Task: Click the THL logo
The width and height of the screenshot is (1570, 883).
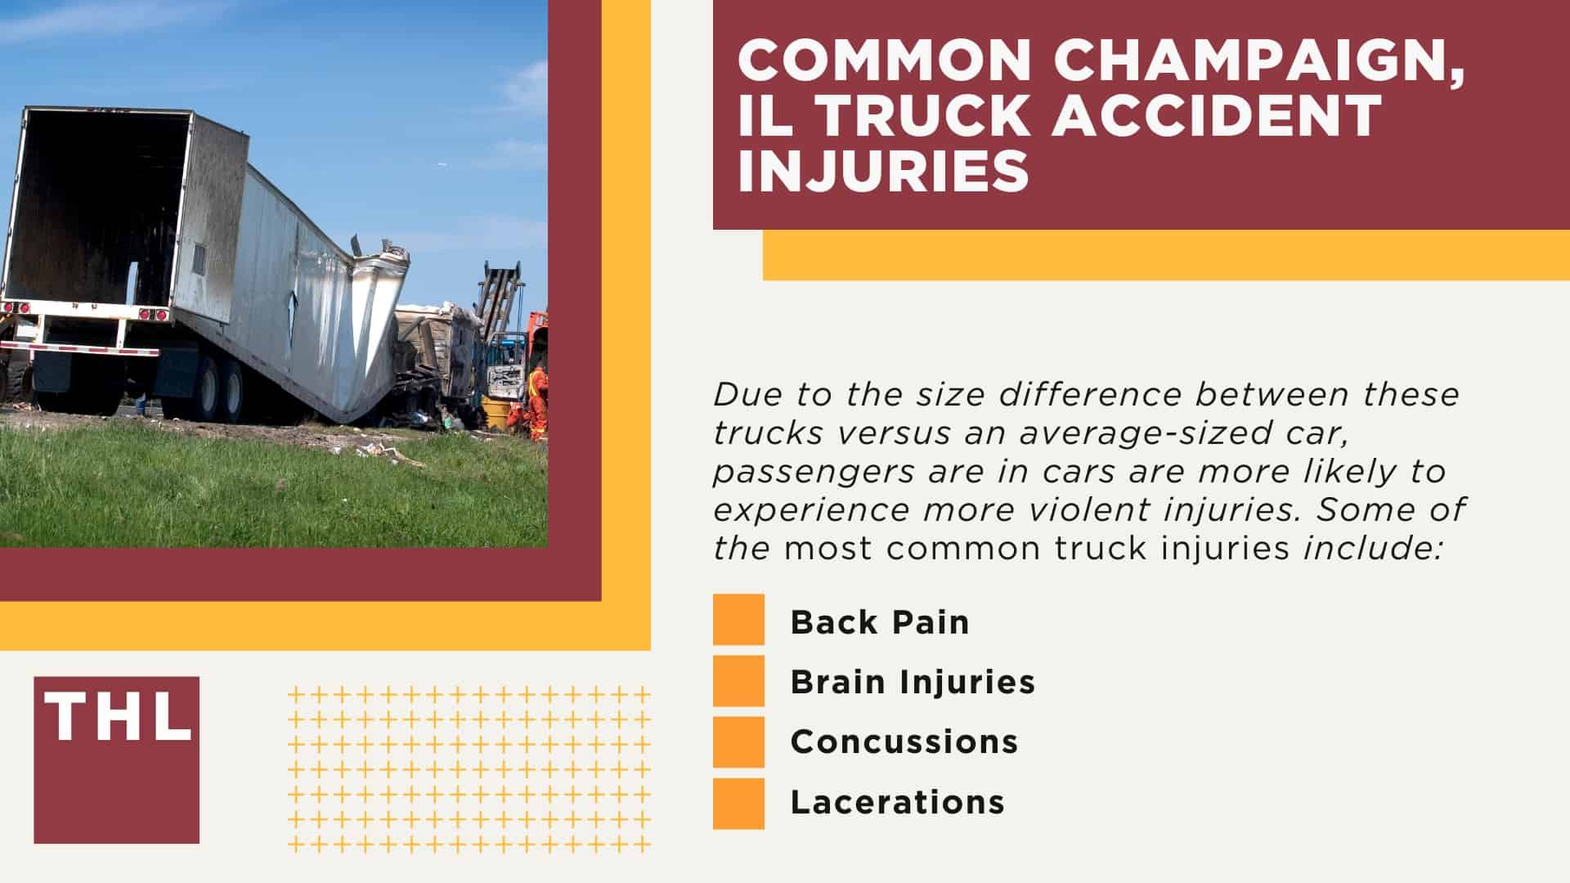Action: click(116, 759)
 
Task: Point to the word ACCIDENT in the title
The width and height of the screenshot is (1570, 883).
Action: click(1217, 116)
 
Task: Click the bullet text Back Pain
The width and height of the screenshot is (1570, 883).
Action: click(880, 622)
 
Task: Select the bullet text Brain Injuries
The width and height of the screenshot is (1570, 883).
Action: click(913, 682)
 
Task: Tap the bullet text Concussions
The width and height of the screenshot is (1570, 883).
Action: click(904, 742)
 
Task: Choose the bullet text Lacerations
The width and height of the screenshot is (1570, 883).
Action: click(897, 802)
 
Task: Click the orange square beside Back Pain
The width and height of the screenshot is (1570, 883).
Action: click(738, 620)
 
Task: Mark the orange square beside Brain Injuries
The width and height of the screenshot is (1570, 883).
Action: click(738, 680)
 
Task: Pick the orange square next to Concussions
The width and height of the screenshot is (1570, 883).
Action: click(738, 742)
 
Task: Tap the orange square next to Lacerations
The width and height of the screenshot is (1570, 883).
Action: click(738, 803)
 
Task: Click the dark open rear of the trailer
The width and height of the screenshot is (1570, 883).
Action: click(98, 213)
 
